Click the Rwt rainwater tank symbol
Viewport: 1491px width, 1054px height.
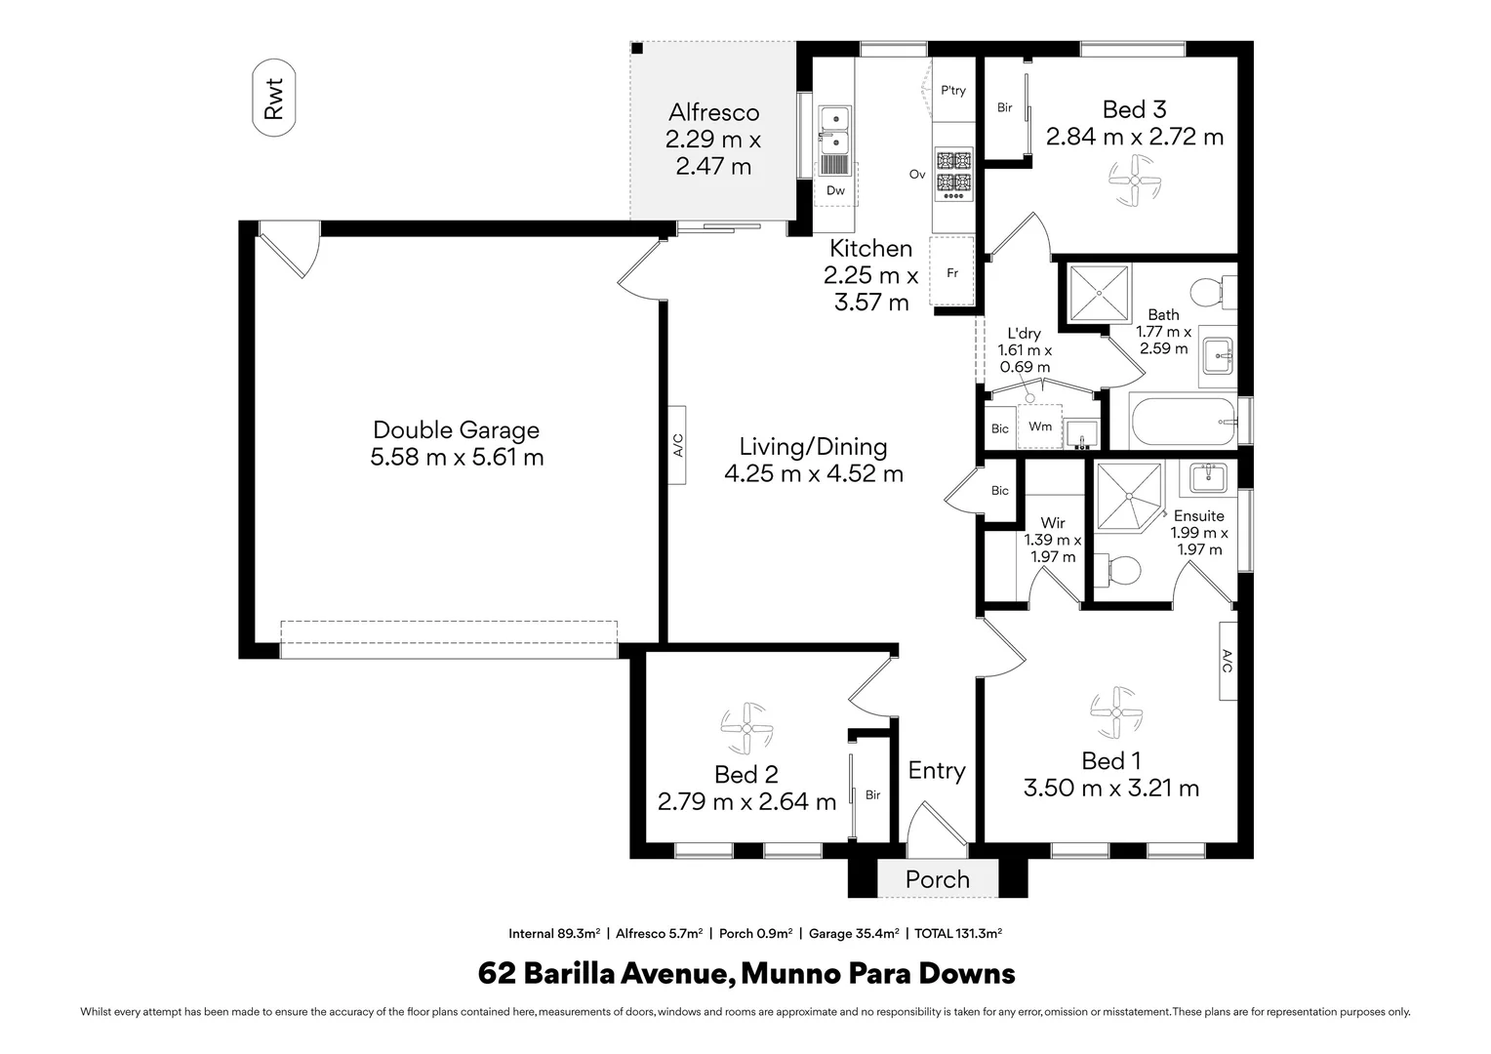click(273, 98)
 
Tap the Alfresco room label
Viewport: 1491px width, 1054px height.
click(713, 112)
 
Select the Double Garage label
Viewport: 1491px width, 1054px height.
click(456, 429)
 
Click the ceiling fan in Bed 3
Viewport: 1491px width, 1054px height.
click(1134, 181)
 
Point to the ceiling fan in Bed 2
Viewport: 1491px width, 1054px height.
click(746, 728)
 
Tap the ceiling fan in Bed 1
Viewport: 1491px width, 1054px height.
click(1116, 712)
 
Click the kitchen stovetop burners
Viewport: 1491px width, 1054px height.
click(954, 175)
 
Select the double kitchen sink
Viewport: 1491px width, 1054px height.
click(834, 140)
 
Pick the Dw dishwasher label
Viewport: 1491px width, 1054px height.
click(835, 190)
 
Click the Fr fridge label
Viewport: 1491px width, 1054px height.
click(952, 273)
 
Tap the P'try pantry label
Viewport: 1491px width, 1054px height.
click(953, 91)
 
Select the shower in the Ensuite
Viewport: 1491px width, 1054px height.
click(1129, 496)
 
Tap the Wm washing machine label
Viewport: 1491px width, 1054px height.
click(1040, 426)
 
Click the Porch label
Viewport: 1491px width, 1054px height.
click(937, 879)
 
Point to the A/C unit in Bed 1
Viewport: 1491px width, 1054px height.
click(1229, 661)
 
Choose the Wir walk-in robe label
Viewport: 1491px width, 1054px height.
click(1052, 523)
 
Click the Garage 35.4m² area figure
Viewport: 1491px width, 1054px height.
click(854, 934)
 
